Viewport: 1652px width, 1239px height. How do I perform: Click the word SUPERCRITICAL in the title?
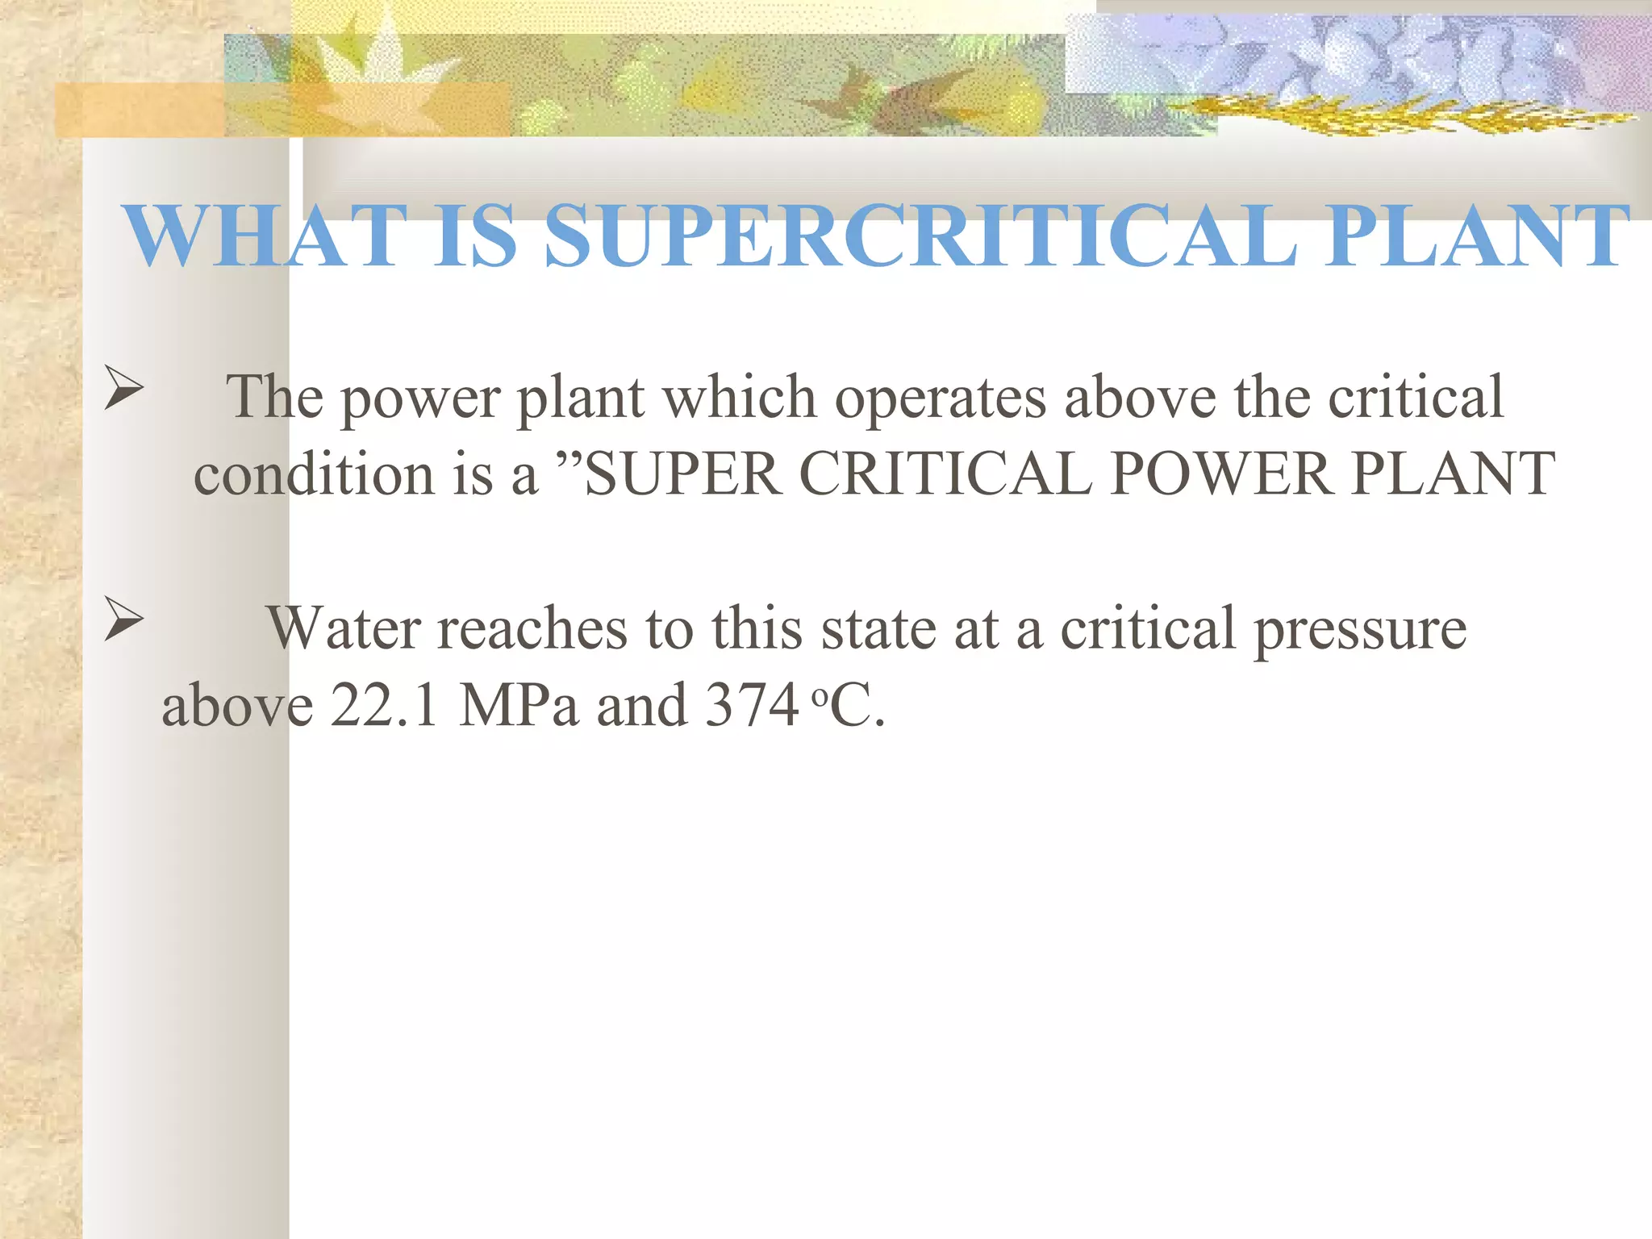[920, 236]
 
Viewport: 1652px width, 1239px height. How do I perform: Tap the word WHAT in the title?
[265, 236]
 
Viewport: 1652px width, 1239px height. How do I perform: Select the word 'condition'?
[315, 473]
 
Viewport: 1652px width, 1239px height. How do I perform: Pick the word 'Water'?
[343, 628]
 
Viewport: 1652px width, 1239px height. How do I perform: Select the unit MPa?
[519, 705]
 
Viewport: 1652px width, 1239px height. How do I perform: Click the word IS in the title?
[476, 236]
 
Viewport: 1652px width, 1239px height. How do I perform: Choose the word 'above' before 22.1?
[237, 705]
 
